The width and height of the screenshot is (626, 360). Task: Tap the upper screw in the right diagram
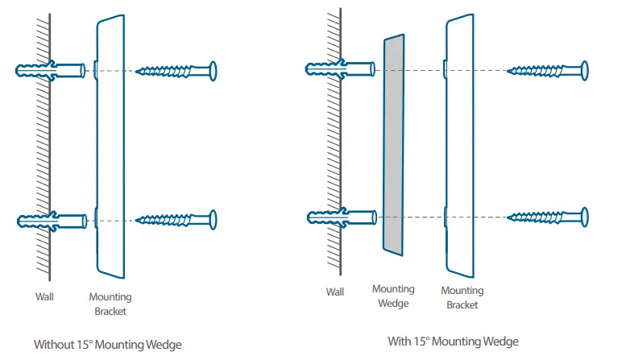tap(548, 71)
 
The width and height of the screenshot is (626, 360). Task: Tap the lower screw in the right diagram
tap(548, 217)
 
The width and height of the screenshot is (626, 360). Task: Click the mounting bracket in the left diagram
tap(110, 145)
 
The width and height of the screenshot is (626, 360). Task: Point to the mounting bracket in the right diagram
tap(459, 145)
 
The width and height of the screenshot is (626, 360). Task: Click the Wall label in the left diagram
tap(44, 297)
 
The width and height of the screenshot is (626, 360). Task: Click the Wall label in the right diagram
tap(336, 292)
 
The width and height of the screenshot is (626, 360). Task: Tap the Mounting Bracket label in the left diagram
tap(110, 304)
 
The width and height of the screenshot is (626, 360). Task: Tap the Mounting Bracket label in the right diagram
tap(462, 297)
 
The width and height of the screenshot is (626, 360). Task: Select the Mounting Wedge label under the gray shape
tap(393, 296)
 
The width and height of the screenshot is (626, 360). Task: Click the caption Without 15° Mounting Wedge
tap(107, 345)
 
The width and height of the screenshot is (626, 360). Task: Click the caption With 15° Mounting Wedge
tap(453, 341)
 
